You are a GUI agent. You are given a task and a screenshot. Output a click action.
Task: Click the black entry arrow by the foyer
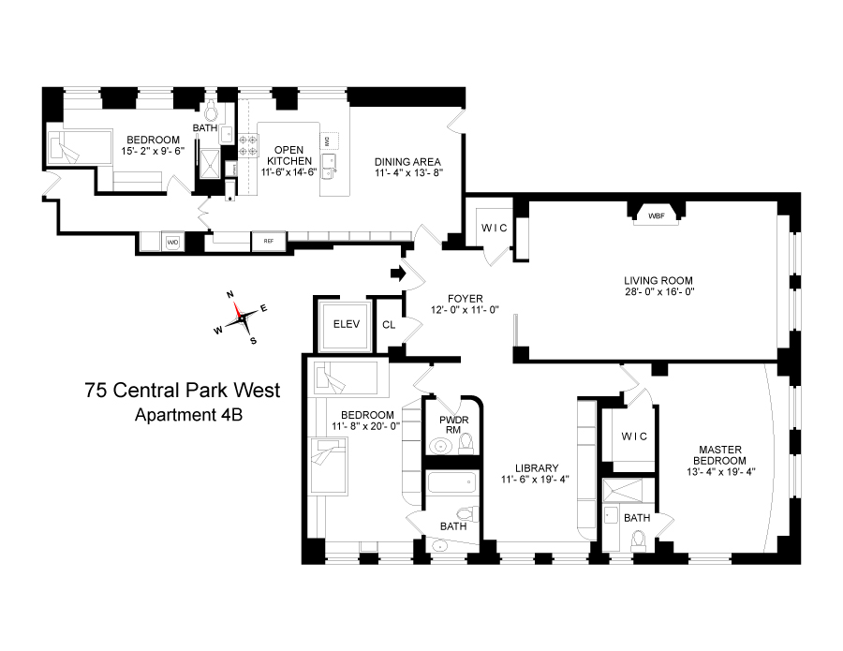click(x=397, y=274)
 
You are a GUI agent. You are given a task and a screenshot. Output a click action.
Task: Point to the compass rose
click(x=242, y=318)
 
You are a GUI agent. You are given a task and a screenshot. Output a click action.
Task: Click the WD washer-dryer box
click(x=172, y=242)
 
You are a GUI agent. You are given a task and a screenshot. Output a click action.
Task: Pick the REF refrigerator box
click(x=268, y=242)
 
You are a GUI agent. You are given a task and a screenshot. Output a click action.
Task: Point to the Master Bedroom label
click(x=719, y=454)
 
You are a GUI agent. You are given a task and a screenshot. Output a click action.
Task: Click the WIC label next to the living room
click(x=494, y=229)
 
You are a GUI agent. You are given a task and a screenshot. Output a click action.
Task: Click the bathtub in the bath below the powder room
click(x=451, y=486)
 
